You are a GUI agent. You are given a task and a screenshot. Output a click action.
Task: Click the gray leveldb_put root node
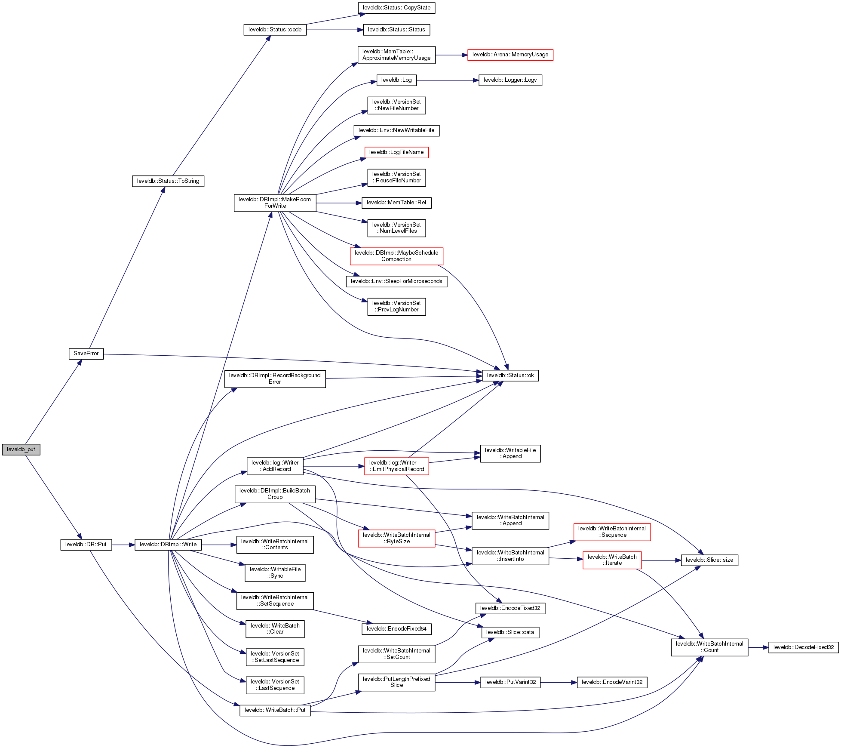pyautogui.click(x=21, y=449)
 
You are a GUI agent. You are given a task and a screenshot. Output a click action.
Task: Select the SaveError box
pyautogui.click(x=86, y=354)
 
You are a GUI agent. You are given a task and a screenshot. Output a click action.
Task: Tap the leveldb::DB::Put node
pyautogui.click(x=86, y=545)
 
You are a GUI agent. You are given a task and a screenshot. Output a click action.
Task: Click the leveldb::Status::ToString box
pyautogui.click(x=168, y=181)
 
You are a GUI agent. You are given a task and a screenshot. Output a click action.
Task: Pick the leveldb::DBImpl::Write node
pyautogui.click(x=168, y=545)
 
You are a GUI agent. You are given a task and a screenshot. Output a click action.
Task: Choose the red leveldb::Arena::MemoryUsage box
pyautogui.click(x=510, y=55)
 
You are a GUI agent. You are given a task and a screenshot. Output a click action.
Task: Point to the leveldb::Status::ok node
pyautogui.click(x=510, y=376)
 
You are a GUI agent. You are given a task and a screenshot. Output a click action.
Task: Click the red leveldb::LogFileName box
pyautogui.click(x=396, y=152)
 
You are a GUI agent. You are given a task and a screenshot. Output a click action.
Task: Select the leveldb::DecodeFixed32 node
pyautogui.click(x=803, y=647)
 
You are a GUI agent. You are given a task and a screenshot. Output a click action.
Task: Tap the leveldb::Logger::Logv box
pyautogui.click(x=510, y=80)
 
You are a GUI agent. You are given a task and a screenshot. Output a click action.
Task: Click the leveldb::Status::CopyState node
pyautogui.click(x=396, y=8)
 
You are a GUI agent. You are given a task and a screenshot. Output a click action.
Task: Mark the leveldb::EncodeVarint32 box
pyautogui.click(x=612, y=682)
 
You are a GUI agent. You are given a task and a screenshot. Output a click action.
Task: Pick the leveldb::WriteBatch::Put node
pyautogui.click(x=275, y=710)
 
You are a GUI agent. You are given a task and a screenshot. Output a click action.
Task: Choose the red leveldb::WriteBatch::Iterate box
pyautogui.click(x=612, y=560)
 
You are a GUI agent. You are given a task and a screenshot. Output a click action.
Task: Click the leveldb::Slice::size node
pyautogui.click(x=709, y=560)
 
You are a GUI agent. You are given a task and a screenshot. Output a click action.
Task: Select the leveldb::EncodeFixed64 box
pyautogui.click(x=396, y=629)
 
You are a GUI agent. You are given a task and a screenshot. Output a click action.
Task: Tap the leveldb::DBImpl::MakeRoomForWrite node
pyautogui.click(x=275, y=203)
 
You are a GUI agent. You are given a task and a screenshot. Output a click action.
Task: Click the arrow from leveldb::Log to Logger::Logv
pyautogui.click(x=447, y=80)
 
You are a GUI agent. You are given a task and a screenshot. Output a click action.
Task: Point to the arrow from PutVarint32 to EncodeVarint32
pyautogui.click(x=559, y=683)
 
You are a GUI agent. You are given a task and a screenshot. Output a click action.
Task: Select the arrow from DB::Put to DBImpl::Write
pyautogui.click(x=123, y=545)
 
